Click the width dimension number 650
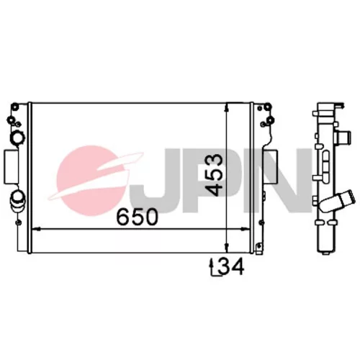[x=137, y=217]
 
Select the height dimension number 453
[x=215, y=175]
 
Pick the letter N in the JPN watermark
[x=286, y=181]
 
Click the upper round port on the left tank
[x=17, y=138]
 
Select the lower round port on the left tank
[x=17, y=199]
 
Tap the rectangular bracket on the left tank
[x=11, y=167]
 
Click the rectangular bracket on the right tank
[x=271, y=167]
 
